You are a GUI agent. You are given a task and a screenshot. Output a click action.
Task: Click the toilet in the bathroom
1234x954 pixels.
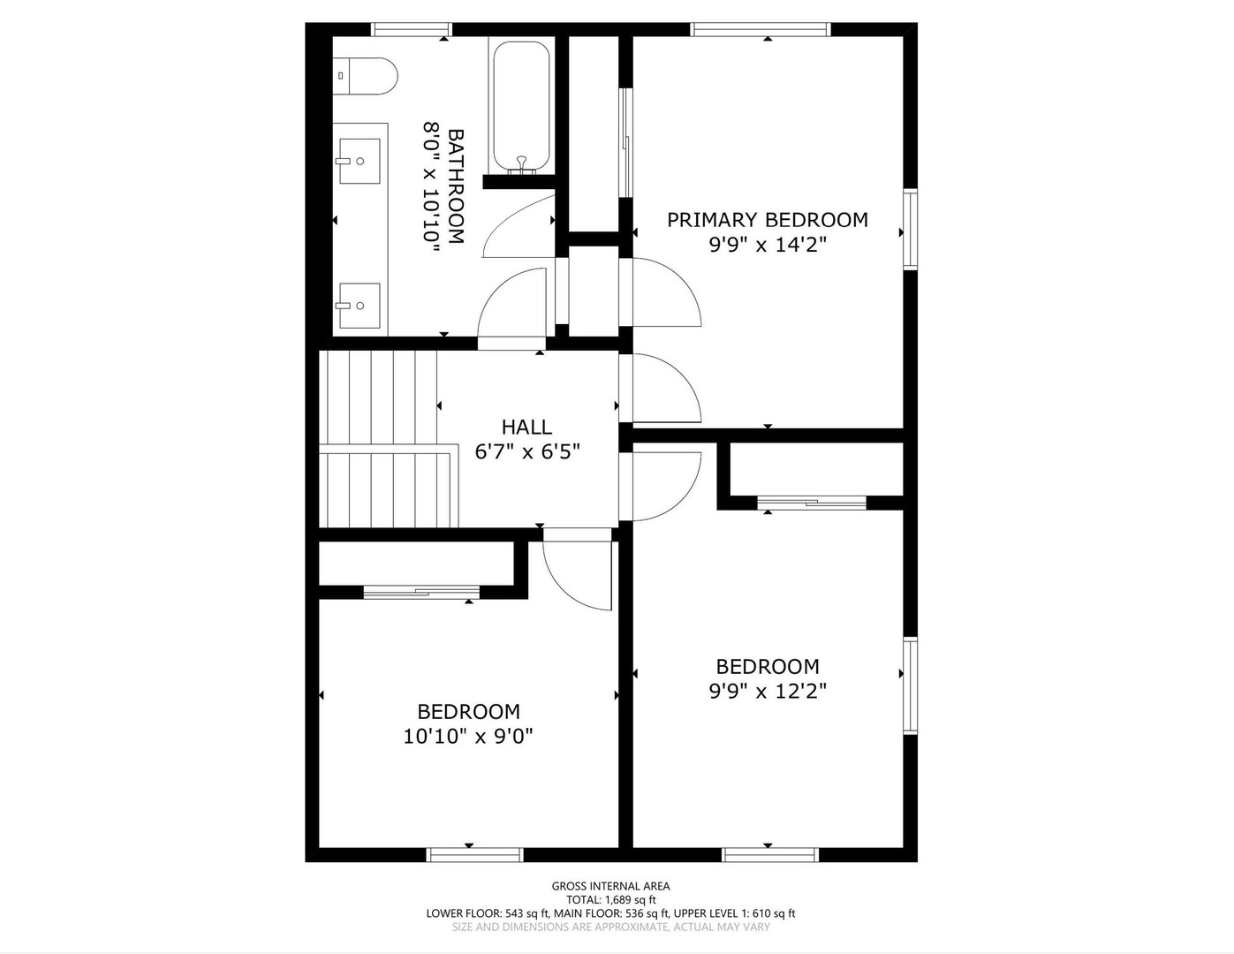point(365,76)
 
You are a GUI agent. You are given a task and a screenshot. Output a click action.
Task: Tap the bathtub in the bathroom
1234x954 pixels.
point(521,107)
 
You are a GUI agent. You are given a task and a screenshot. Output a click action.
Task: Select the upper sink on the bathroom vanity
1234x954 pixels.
point(360,162)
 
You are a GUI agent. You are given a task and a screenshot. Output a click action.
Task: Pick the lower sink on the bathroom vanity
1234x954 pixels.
point(360,306)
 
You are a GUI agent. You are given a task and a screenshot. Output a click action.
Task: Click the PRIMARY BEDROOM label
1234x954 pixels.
point(768,220)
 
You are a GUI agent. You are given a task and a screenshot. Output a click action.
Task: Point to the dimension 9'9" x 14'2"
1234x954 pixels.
point(768,246)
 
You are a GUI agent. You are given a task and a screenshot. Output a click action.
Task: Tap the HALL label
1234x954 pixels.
point(526,427)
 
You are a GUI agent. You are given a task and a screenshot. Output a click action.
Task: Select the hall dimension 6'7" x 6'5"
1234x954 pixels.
point(527,452)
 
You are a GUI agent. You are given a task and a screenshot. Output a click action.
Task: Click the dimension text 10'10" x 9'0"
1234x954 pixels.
point(468,737)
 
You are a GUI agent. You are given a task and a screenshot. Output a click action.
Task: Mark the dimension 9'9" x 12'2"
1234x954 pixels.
point(768,691)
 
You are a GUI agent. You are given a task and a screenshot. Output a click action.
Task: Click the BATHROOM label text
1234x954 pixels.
point(456,186)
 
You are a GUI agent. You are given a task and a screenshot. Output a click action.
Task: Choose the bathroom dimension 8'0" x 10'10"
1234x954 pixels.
point(432,186)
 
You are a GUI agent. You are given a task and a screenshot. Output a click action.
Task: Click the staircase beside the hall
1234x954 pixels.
point(389,439)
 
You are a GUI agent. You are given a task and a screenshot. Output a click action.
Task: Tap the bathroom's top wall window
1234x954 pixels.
point(412,29)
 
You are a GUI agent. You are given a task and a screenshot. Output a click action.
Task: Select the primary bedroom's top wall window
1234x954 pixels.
point(761,29)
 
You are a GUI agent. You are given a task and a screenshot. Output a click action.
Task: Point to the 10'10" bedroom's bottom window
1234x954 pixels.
point(474,855)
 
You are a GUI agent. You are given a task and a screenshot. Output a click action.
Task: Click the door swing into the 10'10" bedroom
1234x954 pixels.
point(578,575)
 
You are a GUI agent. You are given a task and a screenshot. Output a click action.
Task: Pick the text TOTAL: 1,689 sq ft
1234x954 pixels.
point(610,899)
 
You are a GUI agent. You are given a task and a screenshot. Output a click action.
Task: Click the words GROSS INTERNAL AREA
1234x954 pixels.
point(610,886)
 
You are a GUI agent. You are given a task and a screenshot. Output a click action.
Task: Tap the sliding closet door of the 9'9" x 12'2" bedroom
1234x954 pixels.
point(812,503)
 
